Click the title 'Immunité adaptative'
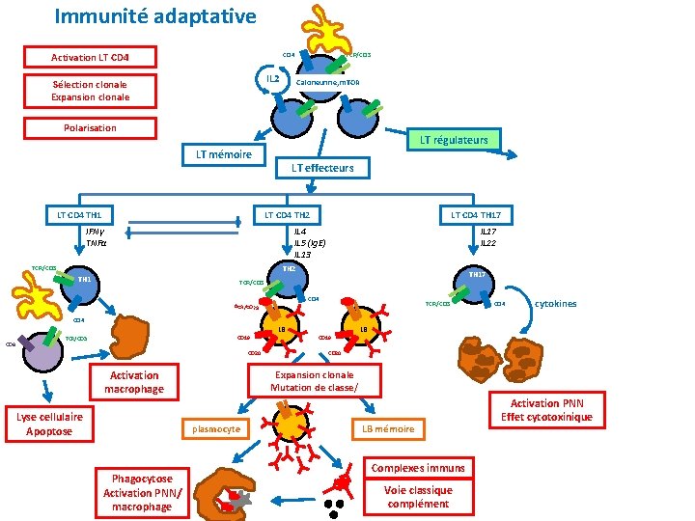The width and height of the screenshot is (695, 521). coord(154,16)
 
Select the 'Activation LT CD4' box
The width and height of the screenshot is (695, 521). coord(90,57)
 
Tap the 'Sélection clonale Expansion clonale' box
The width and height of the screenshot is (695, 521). coord(90,91)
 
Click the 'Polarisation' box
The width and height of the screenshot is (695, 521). coord(90,127)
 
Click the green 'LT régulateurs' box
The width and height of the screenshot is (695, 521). coord(454,140)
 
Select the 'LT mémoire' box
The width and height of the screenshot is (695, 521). coord(223,154)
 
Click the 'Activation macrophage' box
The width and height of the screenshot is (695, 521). coord(134,382)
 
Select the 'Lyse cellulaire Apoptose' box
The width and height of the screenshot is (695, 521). coord(49,424)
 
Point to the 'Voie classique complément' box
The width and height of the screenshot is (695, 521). coord(417,497)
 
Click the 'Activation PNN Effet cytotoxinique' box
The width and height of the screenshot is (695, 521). coord(546,409)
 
